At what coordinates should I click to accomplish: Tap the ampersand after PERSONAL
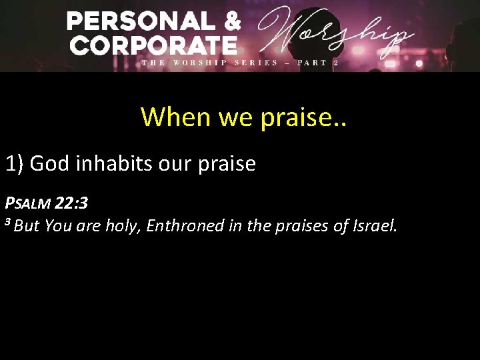click(x=231, y=22)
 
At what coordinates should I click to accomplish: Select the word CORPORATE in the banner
click(x=153, y=45)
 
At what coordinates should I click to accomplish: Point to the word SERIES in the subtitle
click(x=256, y=63)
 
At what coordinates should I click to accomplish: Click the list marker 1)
click(x=15, y=163)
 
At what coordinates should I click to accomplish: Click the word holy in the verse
click(x=123, y=226)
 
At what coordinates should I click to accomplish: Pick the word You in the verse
click(x=59, y=226)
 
